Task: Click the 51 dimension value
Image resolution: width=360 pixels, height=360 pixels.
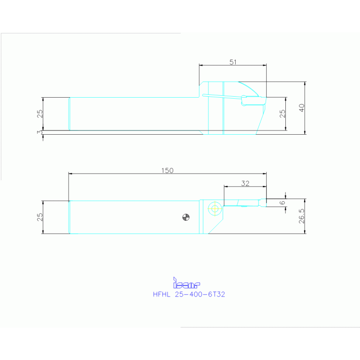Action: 232,61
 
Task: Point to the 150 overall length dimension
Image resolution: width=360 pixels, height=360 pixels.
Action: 168,170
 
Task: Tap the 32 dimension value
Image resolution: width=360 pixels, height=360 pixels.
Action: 245,183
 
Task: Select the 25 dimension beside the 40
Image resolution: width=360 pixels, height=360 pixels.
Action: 282,114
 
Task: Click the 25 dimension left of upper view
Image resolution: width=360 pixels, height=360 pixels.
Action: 40,114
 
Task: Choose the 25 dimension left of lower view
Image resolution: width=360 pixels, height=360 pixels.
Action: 40,217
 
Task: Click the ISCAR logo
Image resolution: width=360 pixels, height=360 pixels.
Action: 186,283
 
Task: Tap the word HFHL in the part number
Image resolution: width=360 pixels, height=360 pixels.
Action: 162,295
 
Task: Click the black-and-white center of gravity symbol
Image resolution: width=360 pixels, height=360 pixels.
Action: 186,217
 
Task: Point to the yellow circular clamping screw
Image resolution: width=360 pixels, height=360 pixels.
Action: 215,208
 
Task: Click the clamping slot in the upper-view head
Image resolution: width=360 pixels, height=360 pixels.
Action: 221,97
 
